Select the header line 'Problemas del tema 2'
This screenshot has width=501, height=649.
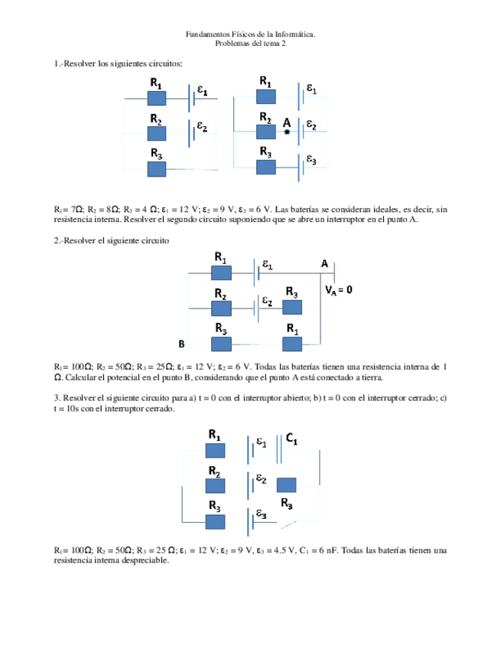pos(250,44)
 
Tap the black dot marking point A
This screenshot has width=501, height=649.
pos(287,132)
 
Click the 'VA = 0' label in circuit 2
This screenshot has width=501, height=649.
pos(338,291)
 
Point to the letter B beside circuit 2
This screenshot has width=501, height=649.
pos(181,344)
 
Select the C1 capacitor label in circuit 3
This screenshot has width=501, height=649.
pos(292,439)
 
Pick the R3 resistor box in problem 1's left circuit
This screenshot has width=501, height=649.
pos(157,168)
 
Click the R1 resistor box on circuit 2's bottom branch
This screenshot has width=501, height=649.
pos(292,343)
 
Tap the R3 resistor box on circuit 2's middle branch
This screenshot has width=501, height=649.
pos(292,307)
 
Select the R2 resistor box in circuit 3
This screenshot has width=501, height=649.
pos(215,485)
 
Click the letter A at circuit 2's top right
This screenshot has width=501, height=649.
pos(324,264)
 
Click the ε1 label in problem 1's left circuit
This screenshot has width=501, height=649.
pos(201,90)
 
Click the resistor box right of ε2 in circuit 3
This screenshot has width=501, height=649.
pos(286,484)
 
